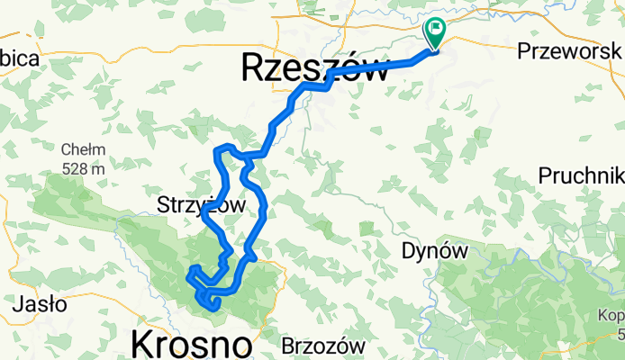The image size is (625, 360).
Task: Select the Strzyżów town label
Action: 201,205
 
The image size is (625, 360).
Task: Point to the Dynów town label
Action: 435,252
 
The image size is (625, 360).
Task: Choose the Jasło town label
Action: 39,304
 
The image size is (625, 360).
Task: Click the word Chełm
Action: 84,149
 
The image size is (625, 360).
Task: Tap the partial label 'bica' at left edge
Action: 18,59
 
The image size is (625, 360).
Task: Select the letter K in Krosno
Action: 143,344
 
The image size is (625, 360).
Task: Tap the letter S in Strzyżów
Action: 162,205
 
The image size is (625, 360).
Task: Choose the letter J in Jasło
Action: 14,304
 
